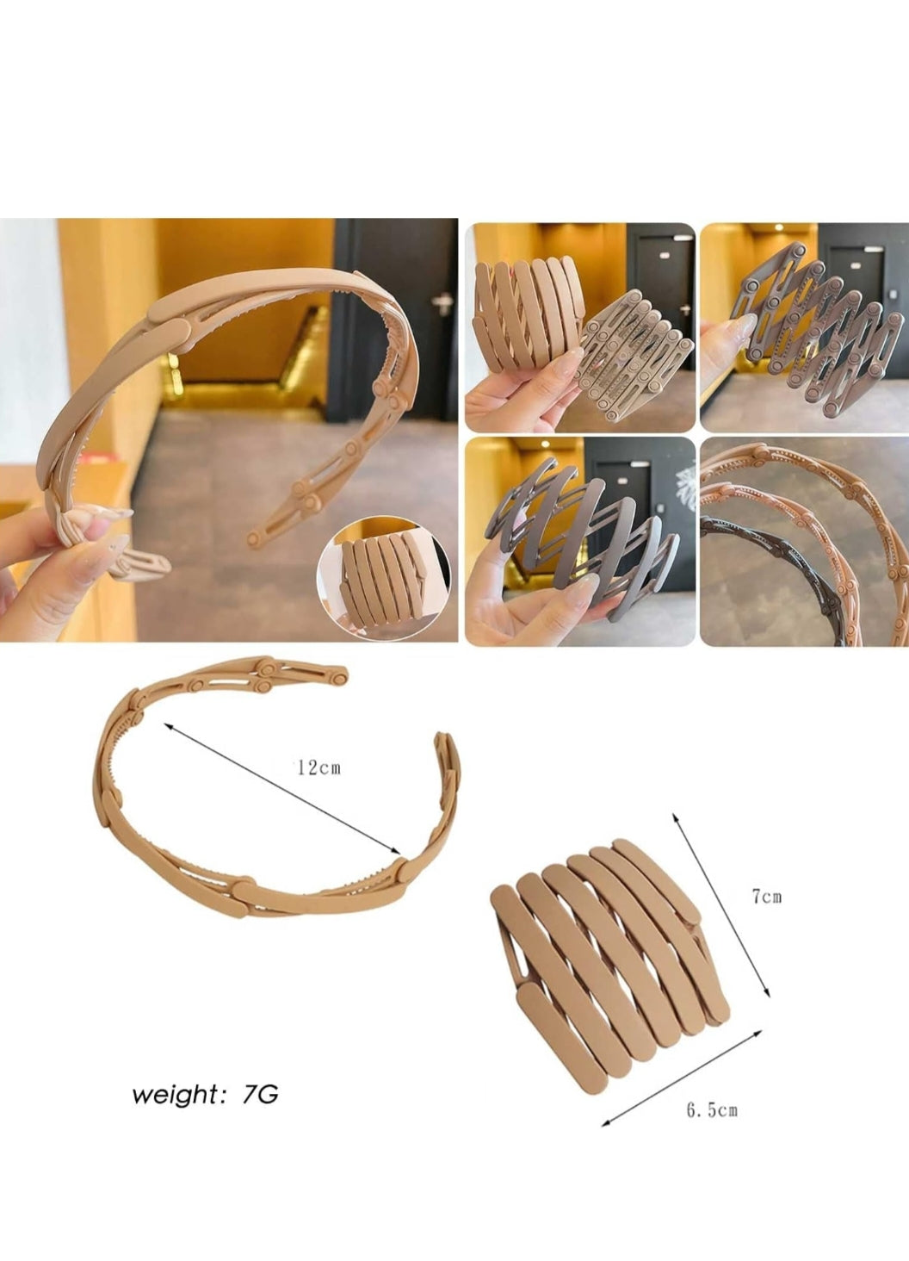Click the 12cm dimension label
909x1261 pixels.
[318, 767]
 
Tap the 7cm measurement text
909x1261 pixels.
[766, 897]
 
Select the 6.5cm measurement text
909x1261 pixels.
[711, 1110]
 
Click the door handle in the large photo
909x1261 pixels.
[443, 302]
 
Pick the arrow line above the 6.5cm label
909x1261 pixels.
[682, 1078]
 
